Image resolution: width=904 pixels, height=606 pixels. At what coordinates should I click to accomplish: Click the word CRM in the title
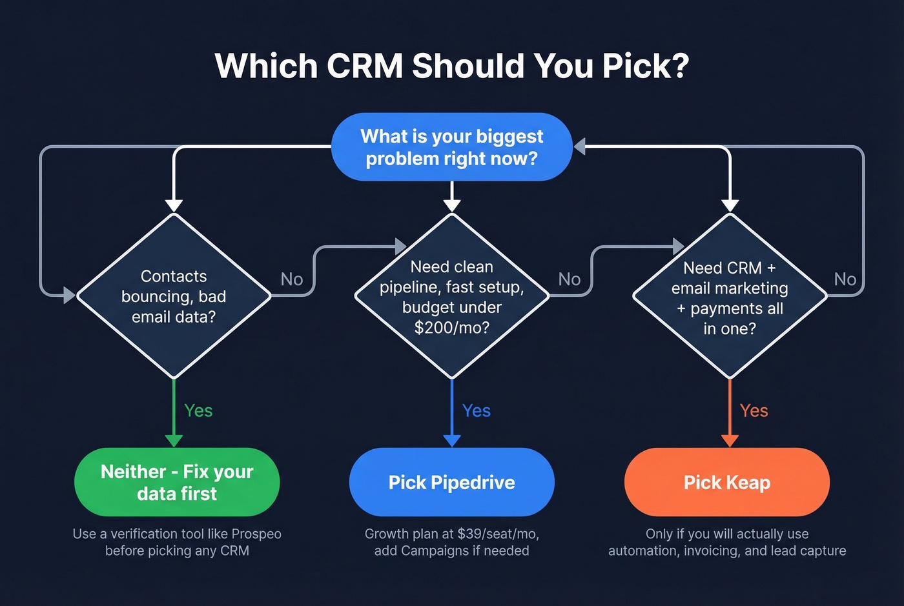tap(365, 66)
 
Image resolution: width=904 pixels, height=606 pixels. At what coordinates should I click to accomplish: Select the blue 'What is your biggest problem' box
tap(451, 147)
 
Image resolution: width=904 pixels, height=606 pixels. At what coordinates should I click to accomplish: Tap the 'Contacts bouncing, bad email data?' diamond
tap(174, 296)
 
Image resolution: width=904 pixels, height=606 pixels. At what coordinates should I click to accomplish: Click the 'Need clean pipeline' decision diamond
tap(451, 296)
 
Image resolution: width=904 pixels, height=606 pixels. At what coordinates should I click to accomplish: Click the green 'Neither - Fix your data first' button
tap(177, 482)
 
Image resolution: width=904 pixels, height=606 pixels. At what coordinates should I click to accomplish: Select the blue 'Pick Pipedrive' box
tap(451, 482)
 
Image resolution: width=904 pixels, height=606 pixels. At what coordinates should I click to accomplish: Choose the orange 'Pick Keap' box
tap(726, 482)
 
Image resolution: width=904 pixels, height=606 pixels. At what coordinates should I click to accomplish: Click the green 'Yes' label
tap(198, 410)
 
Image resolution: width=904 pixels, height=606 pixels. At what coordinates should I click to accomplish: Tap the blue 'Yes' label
tap(477, 410)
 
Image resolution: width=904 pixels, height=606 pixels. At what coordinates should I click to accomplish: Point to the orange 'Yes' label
tap(754, 410)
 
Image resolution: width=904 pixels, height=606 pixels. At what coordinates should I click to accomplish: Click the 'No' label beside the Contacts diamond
tap(292, 279)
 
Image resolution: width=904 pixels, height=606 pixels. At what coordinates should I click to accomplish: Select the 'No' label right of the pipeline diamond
tap(570, 279)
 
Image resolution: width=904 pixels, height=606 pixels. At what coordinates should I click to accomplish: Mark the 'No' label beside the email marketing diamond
tap(845, 279)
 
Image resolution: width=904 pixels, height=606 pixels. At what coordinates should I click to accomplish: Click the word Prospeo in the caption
tap(256, 534)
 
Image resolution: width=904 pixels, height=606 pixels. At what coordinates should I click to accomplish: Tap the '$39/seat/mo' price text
tap(498, 534)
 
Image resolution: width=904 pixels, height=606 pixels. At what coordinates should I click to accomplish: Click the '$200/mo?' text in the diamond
tap(451, 328)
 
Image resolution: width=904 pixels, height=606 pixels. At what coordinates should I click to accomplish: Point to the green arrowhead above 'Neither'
tap(174, 441)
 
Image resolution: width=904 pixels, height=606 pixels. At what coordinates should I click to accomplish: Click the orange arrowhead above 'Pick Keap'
tap(730, 441)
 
